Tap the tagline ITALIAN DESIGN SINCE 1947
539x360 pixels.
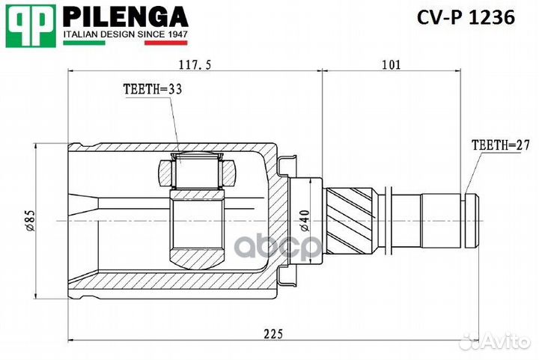[x=124, y=34]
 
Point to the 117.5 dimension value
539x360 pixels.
[x=195, y=65]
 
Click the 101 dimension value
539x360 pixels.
[x=391, y=65]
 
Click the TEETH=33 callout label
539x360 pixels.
[x=153, y=88]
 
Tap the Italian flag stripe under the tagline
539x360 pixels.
[x=124, y=43]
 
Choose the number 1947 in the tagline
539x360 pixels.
[x=176, y=34]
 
